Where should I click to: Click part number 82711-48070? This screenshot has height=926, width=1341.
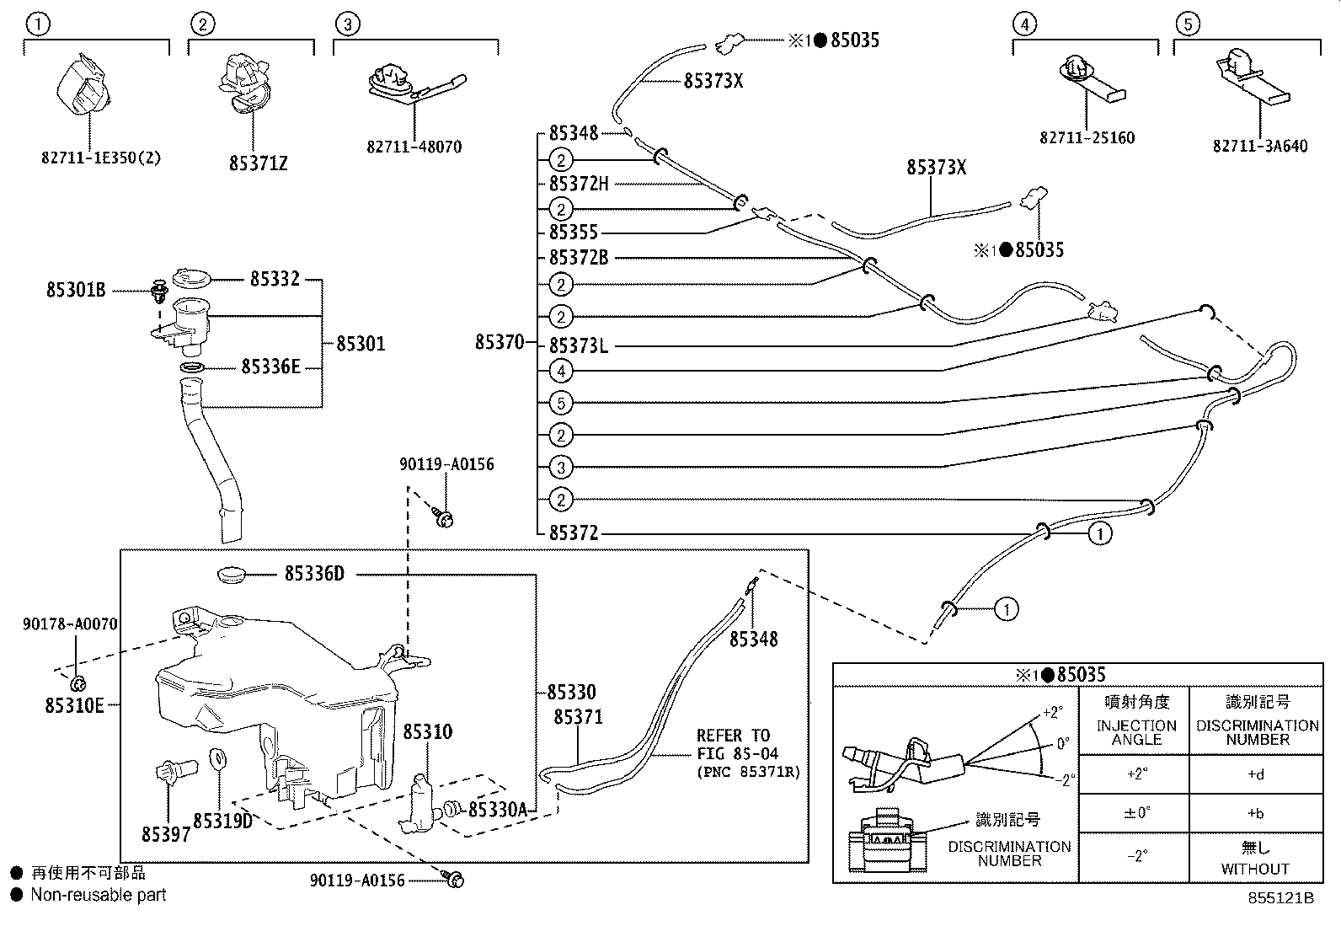pyautogui.click(x=414, y=147)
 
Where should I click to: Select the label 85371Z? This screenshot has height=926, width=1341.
pyautogui.click(x=258, y=163)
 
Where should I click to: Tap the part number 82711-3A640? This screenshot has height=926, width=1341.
pyautogui.click(x=1260, y=147)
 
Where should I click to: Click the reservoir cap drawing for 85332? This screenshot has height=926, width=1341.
pyautogui.click(x=191, y=278)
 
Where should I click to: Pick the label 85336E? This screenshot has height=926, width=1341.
pyautogui.click(x=270, y=367)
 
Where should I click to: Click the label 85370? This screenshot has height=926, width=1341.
pyautogui.click(x=499, y=342)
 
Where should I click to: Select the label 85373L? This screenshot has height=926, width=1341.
pyautogui.click(x=578, y=345)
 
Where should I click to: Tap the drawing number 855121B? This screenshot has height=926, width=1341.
pyautogui.click(x=1280, y=898)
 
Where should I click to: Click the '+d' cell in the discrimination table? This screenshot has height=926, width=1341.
pyautogui.click(x=1255, y=773)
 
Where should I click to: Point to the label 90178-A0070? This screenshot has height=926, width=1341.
pyautogui.click(x=70, y=624)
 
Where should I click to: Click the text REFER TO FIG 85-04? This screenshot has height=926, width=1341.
pyautogui.click(x=736, y=745)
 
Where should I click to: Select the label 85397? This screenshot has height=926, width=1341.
pyautogui.click(x=166, y=833)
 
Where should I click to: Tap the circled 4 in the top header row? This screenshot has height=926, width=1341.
pyautogui.click(x=1024, y=24)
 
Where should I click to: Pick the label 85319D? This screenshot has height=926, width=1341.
pyautogui.click(x=222, y=820)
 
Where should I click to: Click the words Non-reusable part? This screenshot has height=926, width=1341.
pyautogui.click(x=99, y=895)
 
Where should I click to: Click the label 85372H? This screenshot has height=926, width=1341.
pyautogui.click(x=578, y=184)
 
